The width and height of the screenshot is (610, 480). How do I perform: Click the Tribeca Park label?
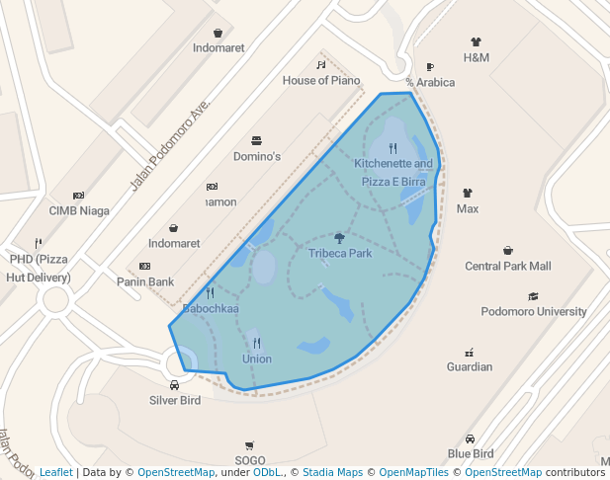[339, 254]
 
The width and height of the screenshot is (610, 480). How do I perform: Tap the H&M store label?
[477, 57]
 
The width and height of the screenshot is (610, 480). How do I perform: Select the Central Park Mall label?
[508, 266]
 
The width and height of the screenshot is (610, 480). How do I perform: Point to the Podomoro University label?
[534, 311]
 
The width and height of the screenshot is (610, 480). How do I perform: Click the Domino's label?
[257, 156]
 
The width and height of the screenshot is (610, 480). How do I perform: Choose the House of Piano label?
[321, 80]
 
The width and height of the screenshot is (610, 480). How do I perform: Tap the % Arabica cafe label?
[430, 82]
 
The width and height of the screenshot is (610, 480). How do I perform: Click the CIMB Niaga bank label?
[79, 210]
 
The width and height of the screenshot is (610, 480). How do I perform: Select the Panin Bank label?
[145, 281]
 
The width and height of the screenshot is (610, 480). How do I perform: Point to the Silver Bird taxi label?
[175, 400]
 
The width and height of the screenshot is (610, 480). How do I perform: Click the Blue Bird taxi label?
[470, 453]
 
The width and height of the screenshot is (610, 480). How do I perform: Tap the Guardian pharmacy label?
[469, 366]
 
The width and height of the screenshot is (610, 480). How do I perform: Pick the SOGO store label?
[250, 460]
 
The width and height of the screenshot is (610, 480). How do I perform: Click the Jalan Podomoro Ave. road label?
[170, 145]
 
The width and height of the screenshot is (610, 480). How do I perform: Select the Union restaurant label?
[256, 359]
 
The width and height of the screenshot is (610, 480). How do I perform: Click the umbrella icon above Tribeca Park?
[339, 237]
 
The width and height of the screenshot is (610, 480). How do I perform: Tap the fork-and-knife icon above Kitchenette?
[392, 148]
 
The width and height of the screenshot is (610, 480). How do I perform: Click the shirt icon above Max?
[468, 193]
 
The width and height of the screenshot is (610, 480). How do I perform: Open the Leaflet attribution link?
[55, 472]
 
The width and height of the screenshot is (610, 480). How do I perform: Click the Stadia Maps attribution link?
[332, 472]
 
